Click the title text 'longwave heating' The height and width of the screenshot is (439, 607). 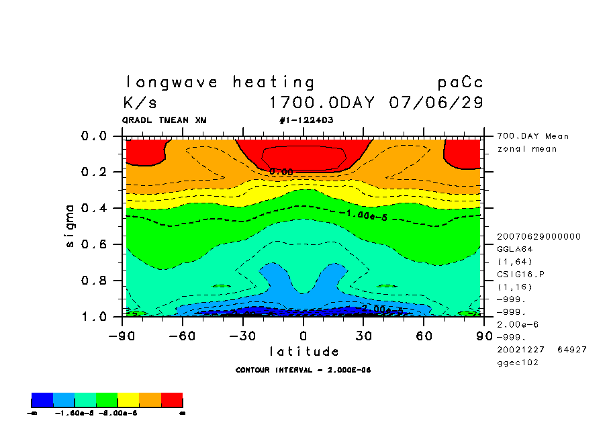point(220,83)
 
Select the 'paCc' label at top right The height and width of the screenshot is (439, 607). point(460,83)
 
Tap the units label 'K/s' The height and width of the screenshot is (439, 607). point(140,103)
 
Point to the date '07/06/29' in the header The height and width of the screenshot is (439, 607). point(436,103)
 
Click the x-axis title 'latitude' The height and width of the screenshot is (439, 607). point(303,351)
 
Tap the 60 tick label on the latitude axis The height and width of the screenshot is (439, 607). point(423,335)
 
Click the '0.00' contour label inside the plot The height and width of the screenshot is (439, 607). point(281,172)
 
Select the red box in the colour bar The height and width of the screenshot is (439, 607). point(172,401)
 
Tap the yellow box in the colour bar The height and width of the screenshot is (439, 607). point(128,401)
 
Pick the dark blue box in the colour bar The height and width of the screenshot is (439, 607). point(42,401)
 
